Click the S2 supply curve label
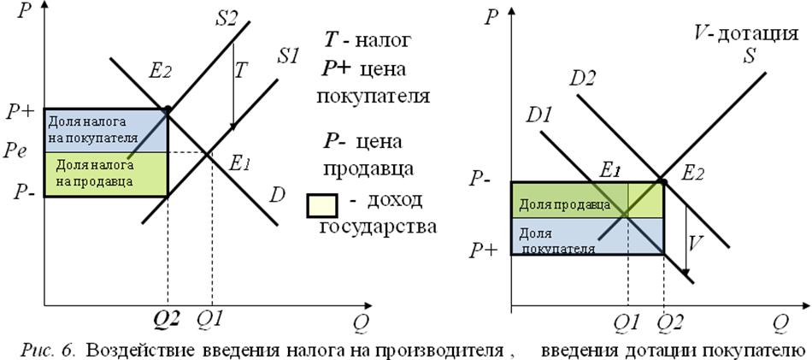(x=227, y=20)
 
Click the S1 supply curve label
(x=288, y=56)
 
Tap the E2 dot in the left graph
(x=168, y=109)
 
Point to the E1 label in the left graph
(x=240, y=164)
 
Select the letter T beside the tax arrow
(x=239, y=70)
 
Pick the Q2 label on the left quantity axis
(x=167, y=320)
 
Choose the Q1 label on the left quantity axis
(x=210, y=320)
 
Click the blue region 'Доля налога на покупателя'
(x=106, y=130)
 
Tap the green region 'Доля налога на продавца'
(x=106, y=174)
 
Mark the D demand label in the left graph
(x=276, y=196)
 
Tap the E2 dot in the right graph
(x=662, y=181)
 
